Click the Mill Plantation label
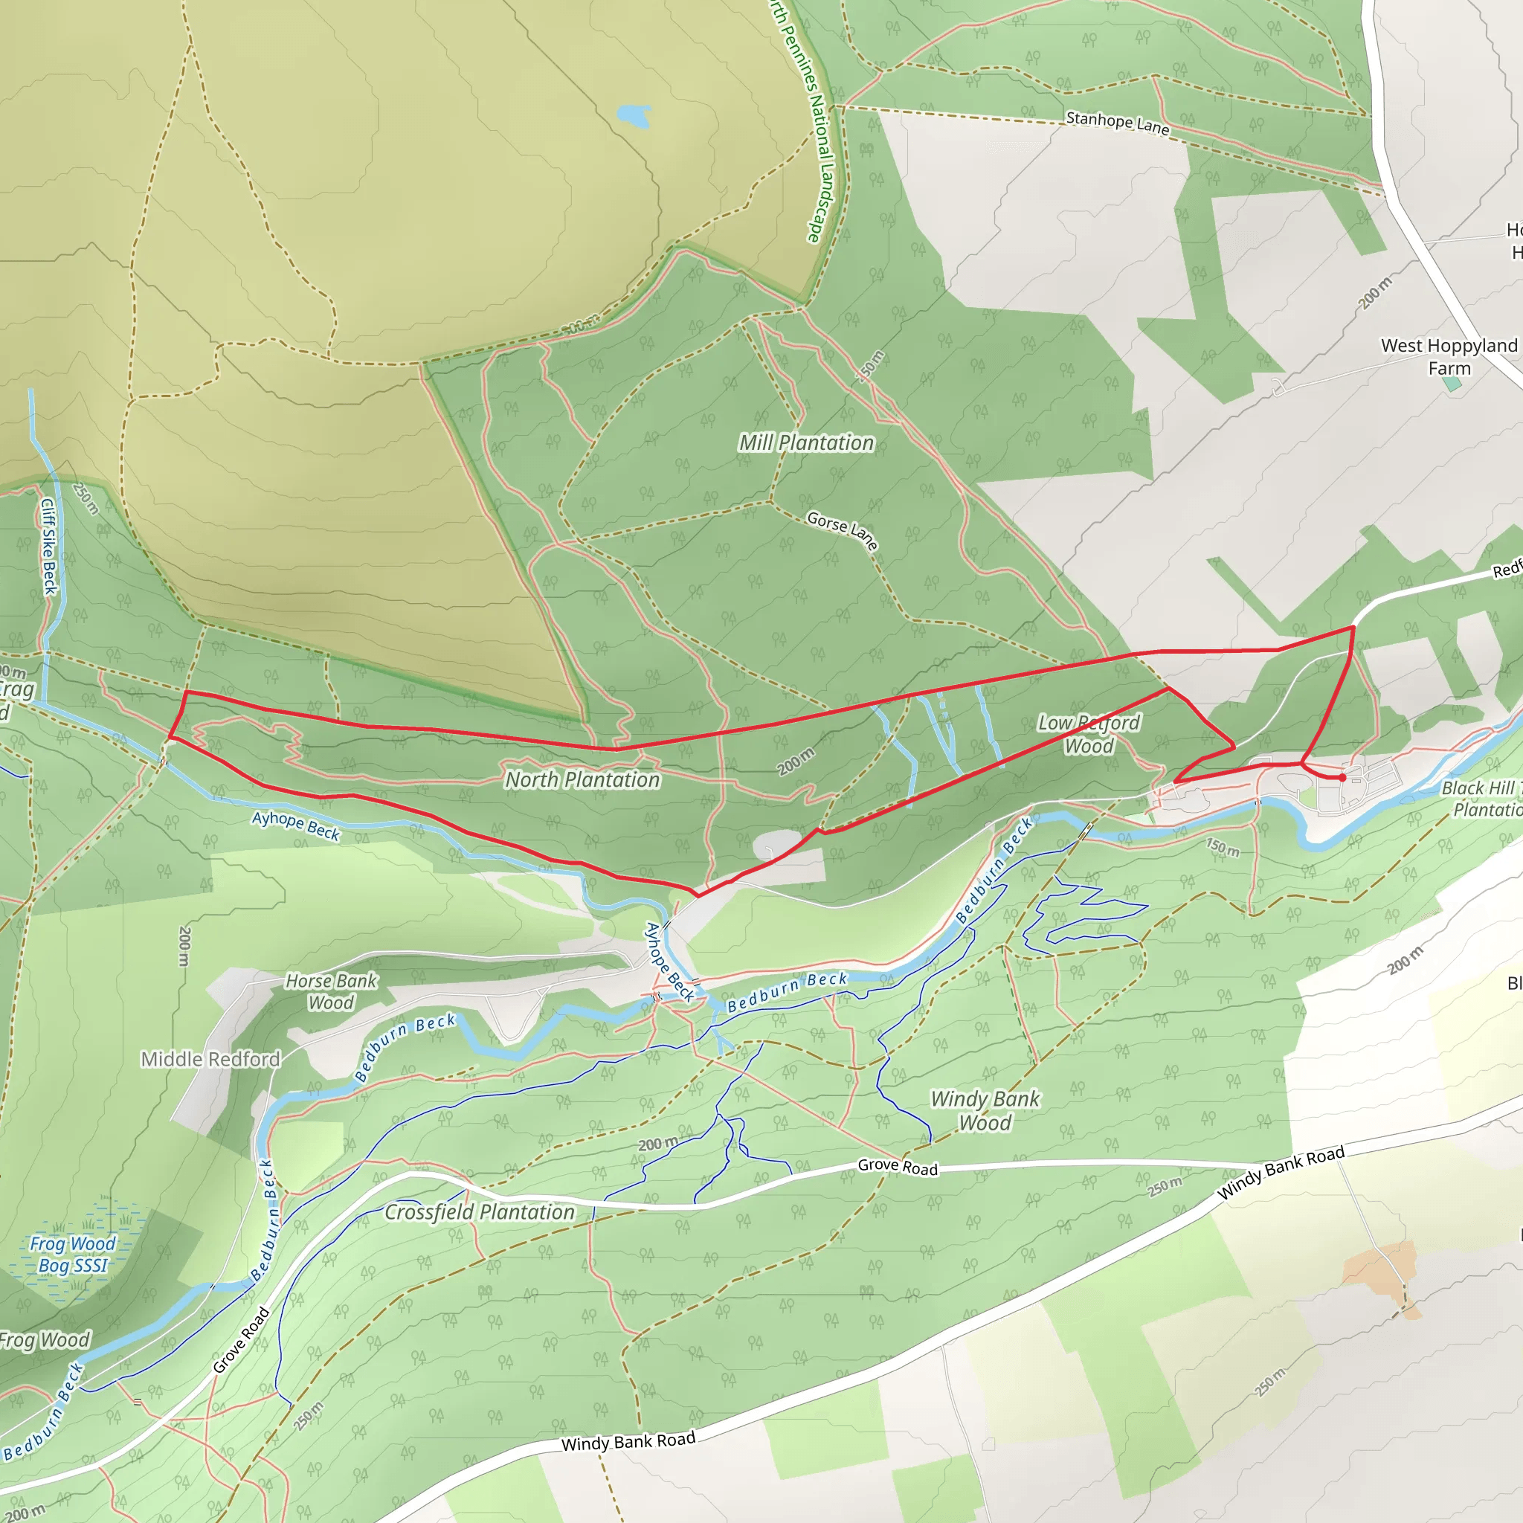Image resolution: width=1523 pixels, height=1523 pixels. (x=805, y=443)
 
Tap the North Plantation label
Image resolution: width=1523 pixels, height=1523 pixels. (x=582, y=779)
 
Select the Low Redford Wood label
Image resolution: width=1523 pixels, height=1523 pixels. (x=1089, y=734)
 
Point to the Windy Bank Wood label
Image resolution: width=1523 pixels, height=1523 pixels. (x=985, y=1110)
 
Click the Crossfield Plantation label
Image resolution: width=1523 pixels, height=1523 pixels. (x=480, y=1211)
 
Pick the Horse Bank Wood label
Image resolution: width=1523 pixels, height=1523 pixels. (x=331, y=992)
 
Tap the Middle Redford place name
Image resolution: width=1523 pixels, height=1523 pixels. (x=210, y=1059)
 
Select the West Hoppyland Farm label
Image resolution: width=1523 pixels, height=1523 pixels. (x=1448, y=357)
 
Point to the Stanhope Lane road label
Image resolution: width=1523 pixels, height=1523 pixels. (x=1117, y=122)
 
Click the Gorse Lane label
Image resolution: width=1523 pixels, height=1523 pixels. (x=842, y=529)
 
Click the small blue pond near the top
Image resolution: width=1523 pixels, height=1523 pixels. (x=634, y=116)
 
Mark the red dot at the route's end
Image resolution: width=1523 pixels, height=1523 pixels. (x=1342, y=777)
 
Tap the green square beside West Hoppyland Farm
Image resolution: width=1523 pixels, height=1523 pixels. (x=1452, y=384)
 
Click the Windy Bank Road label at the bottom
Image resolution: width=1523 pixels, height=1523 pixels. (x=628, y=1441)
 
